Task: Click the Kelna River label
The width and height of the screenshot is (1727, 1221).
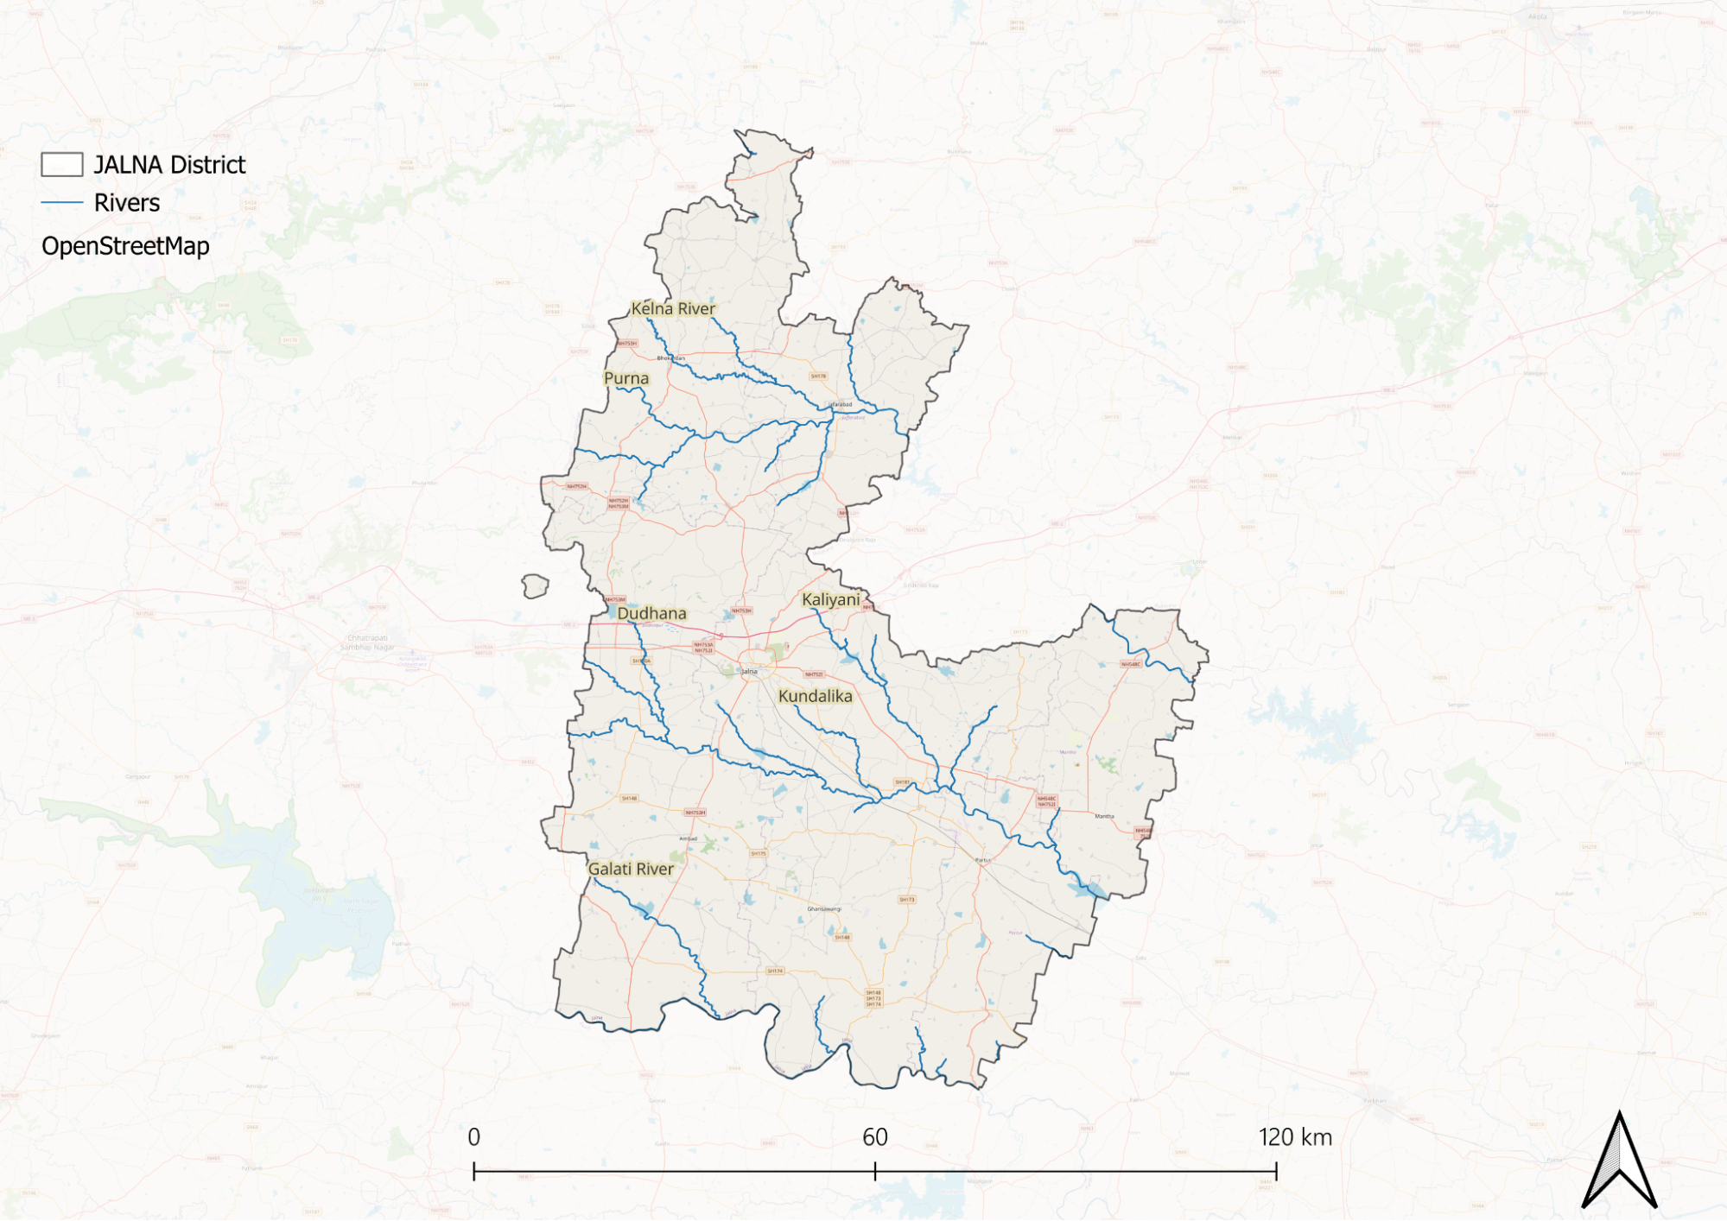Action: [673, 308]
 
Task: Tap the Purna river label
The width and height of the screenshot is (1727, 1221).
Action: [626, 378]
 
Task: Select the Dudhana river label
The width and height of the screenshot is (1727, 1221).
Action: [651, 613]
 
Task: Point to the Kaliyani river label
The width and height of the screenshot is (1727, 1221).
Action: [830, 599]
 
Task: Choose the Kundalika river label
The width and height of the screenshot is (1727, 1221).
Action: [815, 696]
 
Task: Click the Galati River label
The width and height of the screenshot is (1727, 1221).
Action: [631, 869]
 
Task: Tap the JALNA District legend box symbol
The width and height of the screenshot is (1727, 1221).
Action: [62, 164]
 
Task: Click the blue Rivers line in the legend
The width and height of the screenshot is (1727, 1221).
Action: [62, 203]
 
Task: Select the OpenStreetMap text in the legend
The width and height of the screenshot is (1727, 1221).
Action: [125, 246]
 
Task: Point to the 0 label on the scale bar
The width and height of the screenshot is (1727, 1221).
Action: [474, 1137]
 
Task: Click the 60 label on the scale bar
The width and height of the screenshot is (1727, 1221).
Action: [875, 1137]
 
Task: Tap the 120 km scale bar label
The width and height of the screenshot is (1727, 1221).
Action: [1295, 1137]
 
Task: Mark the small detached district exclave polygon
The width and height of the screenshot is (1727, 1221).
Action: [535, 586]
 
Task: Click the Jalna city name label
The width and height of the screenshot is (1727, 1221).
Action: [749, 671]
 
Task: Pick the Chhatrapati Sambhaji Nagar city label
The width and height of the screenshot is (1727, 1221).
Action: [367, 642]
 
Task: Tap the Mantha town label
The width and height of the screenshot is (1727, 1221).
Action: [1104, 816]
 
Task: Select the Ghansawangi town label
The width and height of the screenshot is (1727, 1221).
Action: [824, 908]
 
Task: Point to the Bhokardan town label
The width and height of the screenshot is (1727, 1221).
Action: [671, 357]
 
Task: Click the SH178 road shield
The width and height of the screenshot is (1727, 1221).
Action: [818, 376]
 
